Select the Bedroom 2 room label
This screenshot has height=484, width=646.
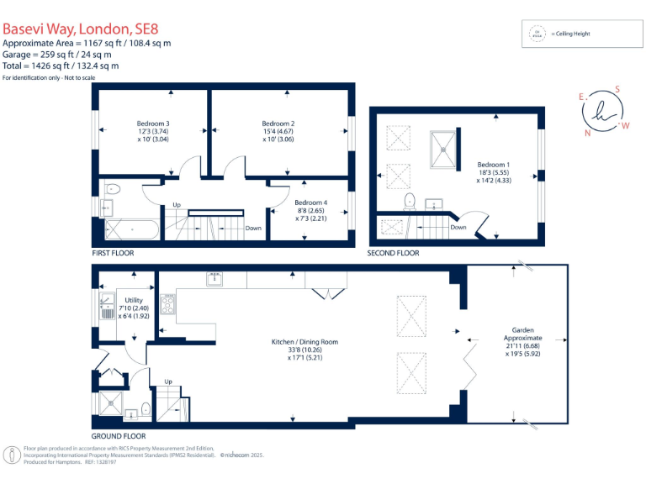[278, 123]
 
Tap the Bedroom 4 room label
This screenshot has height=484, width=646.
[310, 202]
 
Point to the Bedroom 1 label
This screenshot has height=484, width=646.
[493, 165]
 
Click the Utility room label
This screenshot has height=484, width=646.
[133, 300]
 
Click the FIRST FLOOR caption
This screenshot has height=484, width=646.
[113, 253]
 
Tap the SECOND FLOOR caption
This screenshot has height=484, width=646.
[393, 253]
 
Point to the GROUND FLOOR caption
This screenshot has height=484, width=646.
[119, 436]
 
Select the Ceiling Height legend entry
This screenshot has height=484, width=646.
[572, 34]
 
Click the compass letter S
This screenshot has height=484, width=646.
[617, 89]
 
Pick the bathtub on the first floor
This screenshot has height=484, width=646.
[130, 229]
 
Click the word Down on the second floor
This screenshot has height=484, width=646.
[458, 227]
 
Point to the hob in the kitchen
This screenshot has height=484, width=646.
[167, 303]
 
